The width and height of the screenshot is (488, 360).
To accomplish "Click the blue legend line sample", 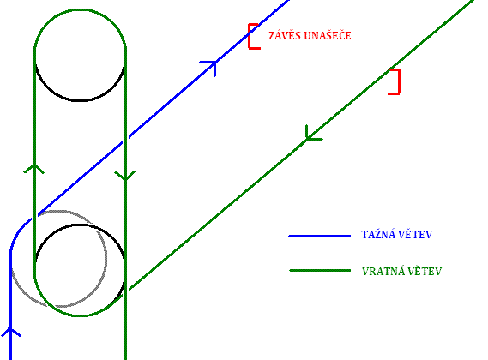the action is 320,237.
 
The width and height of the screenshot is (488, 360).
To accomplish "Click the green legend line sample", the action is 320,270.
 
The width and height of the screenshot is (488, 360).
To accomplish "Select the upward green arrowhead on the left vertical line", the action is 34,168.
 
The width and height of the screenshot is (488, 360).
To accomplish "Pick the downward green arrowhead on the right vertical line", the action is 125,176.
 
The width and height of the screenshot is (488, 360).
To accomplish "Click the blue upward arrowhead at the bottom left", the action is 10,332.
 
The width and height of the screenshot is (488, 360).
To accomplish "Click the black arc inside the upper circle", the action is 80,100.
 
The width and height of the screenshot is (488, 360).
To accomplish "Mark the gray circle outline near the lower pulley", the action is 105,258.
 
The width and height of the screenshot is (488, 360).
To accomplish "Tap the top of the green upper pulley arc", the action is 80,10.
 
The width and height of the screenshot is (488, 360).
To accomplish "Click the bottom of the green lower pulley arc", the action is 80,315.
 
